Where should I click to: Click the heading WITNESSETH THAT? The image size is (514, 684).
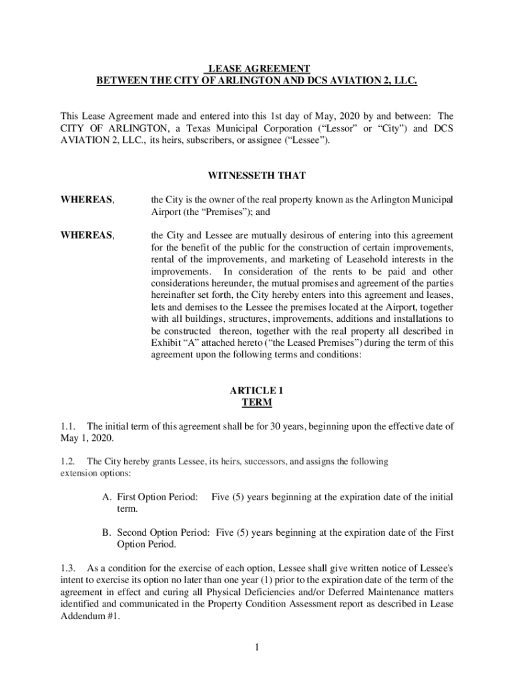(257, 176)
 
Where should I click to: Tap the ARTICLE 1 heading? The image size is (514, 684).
(257, 390)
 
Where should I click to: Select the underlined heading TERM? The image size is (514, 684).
(257, 403)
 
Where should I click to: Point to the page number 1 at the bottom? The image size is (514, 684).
(257, 647)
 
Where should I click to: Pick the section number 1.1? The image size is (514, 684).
(68, 426)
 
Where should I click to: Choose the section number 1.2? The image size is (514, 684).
(68, 462)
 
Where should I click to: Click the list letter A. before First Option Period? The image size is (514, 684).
(106, 497)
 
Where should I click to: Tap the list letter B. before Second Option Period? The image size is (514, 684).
(106, 532)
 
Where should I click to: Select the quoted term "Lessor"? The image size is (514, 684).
(338, 128)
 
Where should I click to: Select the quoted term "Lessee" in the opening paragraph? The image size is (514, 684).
(305, 140)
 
